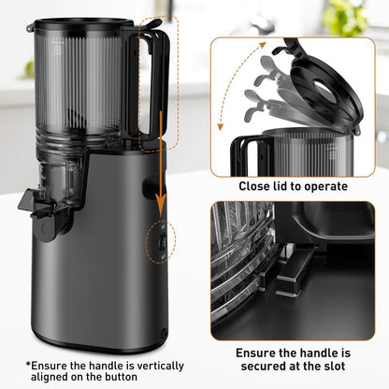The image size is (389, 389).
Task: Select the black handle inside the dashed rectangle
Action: tap(158, 84)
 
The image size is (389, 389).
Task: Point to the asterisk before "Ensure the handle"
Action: tap(29, 366)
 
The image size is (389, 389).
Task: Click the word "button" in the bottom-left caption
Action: tap(124, 378)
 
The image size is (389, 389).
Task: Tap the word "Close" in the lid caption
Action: tap(254, 186)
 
